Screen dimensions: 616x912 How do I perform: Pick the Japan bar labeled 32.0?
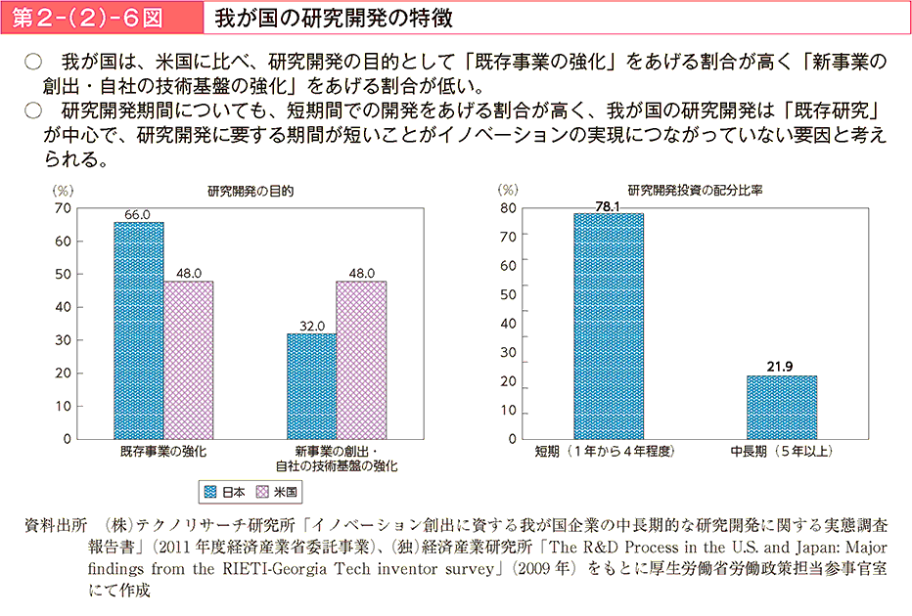click(x=311, y=386)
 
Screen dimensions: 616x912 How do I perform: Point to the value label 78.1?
click(x=609, y=205)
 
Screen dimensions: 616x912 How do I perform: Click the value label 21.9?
click(x=781, y=367)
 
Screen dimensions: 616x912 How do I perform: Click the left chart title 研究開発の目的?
click(x=251, y=191)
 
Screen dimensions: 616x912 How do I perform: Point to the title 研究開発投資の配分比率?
click(x=695, y=191)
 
